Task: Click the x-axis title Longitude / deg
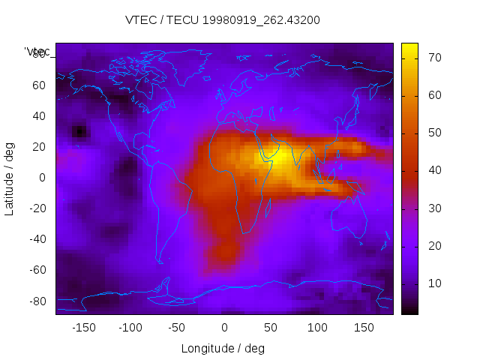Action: point(223,349)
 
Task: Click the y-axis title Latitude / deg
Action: point(10,177)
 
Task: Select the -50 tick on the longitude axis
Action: point(177,328)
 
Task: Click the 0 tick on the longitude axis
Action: point(224,328)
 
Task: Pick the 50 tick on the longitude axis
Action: point(271,328)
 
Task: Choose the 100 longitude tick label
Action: point(318,328)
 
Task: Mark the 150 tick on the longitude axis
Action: point(364,328)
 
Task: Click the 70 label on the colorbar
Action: point(433,58)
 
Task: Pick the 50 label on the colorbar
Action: point(433,133)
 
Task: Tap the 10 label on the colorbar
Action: point(433,283)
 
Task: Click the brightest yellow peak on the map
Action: point(275,159)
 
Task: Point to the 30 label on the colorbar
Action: point(433,208)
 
